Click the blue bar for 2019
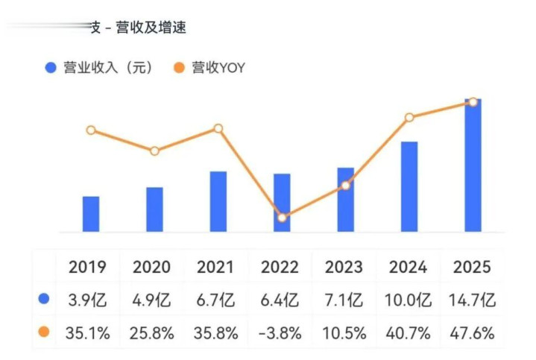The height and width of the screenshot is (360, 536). (x=91, y=214)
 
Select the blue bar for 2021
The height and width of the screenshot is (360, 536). (x=218, y=201)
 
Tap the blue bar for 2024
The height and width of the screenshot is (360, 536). (x=409, y=186)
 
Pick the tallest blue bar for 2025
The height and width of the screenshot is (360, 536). (x=473, y=165)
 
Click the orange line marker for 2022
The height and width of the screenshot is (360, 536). (x=282, y=218)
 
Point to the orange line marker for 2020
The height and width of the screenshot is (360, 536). (x=154, y=151)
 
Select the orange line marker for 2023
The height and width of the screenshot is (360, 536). (x=345, y=185)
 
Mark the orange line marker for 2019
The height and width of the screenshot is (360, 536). (x=91, y=130)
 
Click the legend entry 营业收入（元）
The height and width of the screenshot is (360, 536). (x=100, y=68)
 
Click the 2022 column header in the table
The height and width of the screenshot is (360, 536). (x=280, y=267)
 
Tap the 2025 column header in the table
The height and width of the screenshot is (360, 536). (x=472, y=267)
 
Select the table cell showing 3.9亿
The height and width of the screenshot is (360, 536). (x=89, y=300)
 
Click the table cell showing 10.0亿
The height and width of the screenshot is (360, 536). (x=409, y=300)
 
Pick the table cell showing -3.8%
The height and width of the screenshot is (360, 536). (x=280, y=333)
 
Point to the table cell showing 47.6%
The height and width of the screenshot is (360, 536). (x=472, y=333)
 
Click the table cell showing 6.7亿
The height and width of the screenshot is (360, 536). (x=216, y=300)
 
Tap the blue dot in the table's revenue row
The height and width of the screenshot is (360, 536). (x=44, y=300)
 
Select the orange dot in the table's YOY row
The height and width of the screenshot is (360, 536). (x=44, y=332)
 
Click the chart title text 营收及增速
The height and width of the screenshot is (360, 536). (x=150, y=28)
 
